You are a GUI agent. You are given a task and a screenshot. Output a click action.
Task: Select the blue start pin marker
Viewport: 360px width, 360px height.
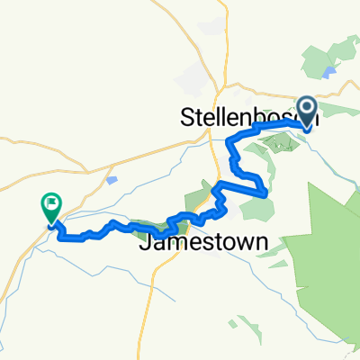[307, 113]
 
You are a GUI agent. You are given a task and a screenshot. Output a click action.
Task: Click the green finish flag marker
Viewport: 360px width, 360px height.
[49, 209]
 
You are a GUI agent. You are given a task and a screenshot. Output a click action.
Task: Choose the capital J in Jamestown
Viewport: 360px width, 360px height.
[145, 244]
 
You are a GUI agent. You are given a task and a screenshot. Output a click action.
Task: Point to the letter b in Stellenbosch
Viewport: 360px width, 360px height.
[266, 118]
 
